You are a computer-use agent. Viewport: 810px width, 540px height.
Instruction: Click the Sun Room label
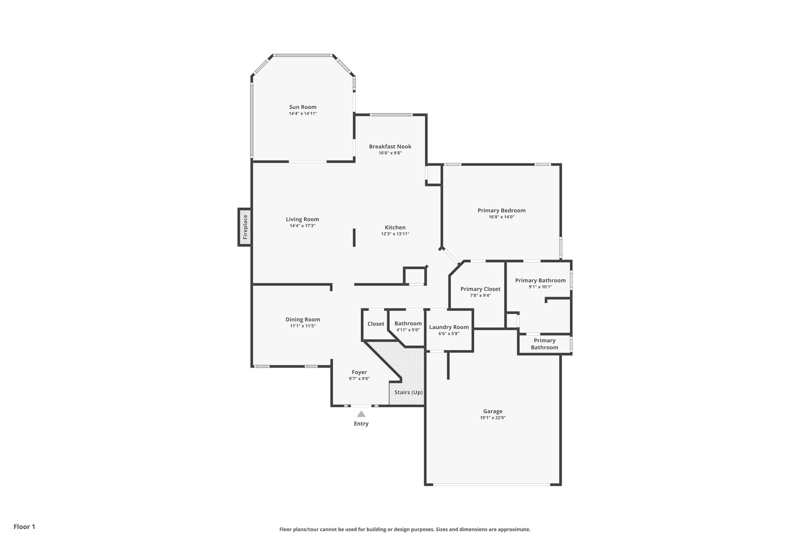303,107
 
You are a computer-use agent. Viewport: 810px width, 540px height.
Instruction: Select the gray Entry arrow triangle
361,414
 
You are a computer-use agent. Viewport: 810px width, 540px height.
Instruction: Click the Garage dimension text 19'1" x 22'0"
492,418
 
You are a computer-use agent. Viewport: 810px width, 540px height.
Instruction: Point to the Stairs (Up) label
408,392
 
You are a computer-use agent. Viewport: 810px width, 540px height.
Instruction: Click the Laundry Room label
449,327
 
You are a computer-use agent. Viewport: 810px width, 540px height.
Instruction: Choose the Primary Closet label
480,289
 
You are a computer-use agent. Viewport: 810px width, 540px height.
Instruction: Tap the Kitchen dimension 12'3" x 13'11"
395,234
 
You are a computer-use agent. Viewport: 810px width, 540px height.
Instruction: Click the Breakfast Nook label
390,146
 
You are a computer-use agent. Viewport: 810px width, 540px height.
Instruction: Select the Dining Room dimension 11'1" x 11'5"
303,326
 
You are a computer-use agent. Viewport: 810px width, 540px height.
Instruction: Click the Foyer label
359,372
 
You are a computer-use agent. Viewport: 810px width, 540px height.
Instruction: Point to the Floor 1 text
24,527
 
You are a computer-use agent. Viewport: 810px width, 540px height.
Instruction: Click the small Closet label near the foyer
375,324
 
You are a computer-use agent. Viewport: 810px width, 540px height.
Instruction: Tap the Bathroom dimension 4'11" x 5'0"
408,330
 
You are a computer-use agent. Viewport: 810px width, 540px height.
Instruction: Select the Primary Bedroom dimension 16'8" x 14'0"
501,217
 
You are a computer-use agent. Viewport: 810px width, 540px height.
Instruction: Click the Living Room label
302,219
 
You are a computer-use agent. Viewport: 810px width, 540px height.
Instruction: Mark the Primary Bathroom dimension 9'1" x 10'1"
540,287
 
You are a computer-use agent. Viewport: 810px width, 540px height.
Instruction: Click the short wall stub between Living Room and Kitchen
354,237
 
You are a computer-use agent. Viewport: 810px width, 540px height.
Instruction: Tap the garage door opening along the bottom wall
492,484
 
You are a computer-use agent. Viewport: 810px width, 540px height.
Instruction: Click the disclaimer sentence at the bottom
405,529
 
